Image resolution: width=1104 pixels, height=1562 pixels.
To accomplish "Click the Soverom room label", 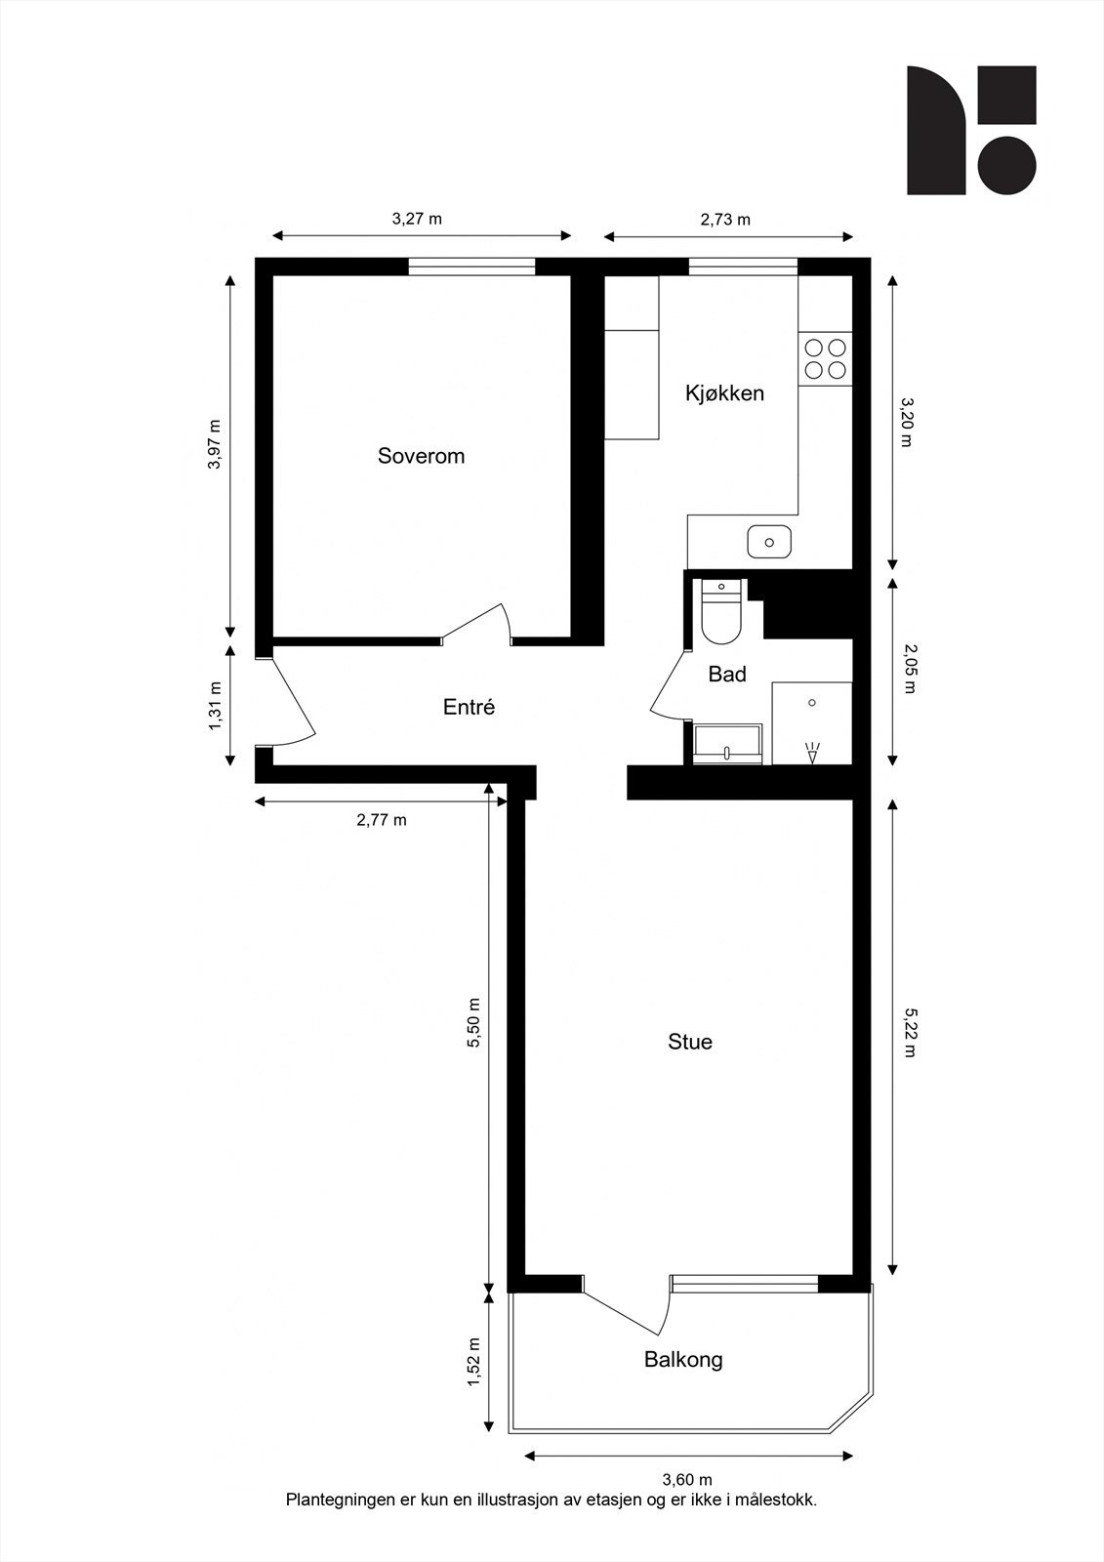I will tap(421, 456).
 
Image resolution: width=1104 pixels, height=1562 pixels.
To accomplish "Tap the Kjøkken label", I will tap(724, 393).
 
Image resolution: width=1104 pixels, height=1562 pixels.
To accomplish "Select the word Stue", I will tap(689, 1042).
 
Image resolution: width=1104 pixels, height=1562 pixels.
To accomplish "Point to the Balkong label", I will tap(683, 1359).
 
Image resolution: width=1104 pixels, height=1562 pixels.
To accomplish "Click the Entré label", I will tap(469, 707).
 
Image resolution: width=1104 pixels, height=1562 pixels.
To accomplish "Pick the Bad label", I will tap(727, 674).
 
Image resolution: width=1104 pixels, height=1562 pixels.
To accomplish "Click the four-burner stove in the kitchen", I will tap(825, 357).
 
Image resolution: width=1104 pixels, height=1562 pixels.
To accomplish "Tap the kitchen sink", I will tap(769, 541).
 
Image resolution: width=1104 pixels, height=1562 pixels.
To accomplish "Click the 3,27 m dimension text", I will tap(417, 219).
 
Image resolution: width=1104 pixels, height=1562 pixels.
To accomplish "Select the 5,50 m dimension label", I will tap(474, 1023).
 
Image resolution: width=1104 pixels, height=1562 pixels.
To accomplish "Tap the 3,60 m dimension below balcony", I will tap(687, 1480).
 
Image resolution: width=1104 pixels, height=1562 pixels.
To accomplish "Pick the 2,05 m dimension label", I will tap(907, 669).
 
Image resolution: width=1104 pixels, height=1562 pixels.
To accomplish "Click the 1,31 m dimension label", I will tap(216, 704).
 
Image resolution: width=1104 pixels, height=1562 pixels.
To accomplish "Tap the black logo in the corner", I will tap(970, 130).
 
